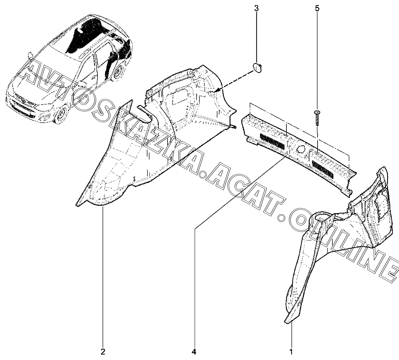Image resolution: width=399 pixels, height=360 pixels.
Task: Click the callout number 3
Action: click(256, 8)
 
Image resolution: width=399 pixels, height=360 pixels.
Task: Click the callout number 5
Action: click(317, 8)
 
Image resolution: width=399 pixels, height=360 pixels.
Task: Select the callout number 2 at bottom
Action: click(103, 351)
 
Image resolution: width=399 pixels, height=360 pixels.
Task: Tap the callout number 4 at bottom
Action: click(194, 351)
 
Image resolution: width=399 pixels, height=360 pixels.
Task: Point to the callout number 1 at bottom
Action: click(291, 351)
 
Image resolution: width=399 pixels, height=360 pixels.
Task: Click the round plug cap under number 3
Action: click(258, 68)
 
